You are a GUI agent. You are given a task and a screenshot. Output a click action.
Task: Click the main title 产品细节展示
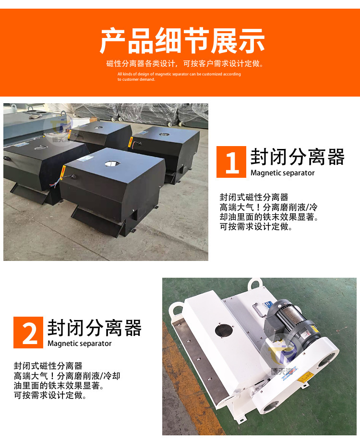(182, 41)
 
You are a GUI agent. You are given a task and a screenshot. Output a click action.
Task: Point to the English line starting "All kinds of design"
(179, 74)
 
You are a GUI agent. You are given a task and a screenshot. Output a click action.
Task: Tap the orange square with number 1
(231, 162)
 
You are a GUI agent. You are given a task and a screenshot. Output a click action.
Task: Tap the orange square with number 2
(29, 332)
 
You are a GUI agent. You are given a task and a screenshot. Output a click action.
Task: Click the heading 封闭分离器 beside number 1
(298, 157)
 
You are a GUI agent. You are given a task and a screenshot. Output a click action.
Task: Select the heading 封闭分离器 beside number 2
(95, 328)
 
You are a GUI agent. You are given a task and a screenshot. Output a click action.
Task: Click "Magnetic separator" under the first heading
(283, 173)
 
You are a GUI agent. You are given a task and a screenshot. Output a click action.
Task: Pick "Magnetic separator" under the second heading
(80, 344)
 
